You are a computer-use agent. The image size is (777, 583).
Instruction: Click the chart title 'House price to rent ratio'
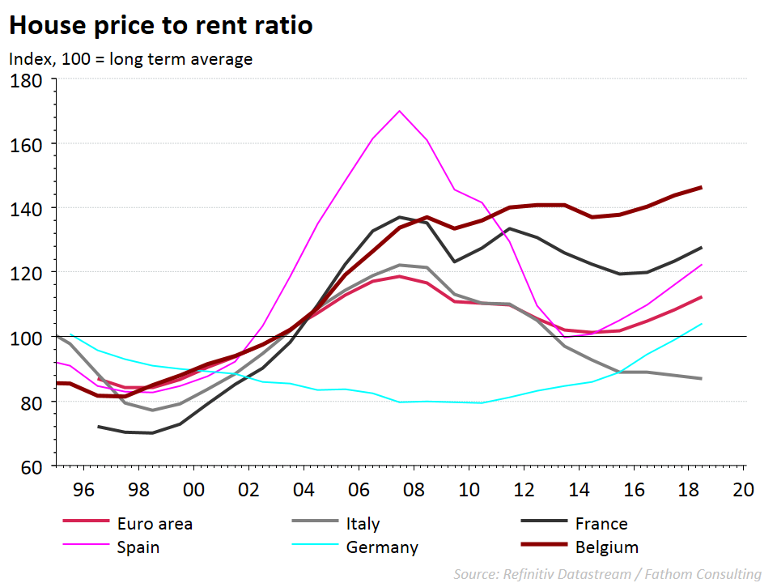point(160,26)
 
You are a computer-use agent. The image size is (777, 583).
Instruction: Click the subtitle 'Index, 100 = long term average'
point(130,59)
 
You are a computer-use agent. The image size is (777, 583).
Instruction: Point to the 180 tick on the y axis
point(29,80)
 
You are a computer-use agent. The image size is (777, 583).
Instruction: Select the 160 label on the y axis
point(29,144)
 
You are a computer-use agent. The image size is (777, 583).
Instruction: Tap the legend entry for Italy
point(363,524)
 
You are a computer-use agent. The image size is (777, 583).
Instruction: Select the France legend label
point(601,524)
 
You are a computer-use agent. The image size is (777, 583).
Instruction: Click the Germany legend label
point(382,547)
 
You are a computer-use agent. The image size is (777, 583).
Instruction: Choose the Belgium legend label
point(606,547)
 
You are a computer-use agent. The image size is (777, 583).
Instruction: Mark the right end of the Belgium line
point(701,187)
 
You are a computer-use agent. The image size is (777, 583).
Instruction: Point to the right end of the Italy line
point(701,379)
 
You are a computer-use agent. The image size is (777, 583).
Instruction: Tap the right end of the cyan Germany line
point(701,324)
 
